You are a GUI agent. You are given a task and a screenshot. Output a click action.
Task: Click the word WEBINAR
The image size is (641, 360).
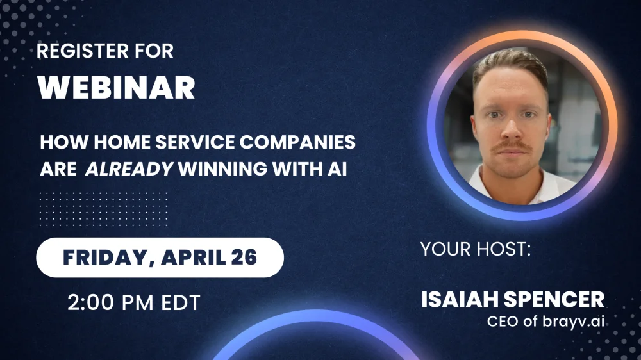(x=116, y=88)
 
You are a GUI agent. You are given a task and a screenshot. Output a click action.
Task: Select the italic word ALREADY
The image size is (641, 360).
(x=129, y=168)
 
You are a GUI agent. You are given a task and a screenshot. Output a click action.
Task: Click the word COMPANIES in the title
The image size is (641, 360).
(x=297, y=142)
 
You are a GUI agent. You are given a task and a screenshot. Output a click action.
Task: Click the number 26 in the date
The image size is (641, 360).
(x=244, y=257)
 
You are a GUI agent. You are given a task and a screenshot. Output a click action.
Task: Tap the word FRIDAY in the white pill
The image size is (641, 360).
(x=106, y=258)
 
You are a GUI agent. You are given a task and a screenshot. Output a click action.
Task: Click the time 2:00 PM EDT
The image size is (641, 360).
(x=134, y=302)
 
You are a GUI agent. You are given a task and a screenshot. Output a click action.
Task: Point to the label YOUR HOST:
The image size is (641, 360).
(x=476, y=249)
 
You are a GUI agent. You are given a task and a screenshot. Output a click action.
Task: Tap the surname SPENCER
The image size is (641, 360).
(x=554, y=300)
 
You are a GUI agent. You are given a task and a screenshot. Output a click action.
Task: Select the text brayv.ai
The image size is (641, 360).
(x=574, y=322)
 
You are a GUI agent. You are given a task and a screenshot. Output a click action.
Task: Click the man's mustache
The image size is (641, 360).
(x=512, y=146)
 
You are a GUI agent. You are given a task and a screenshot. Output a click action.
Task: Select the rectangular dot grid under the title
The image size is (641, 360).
(x=103, y=209)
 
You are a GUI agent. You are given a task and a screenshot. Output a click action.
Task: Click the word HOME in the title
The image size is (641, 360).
(x=122, y=142)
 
